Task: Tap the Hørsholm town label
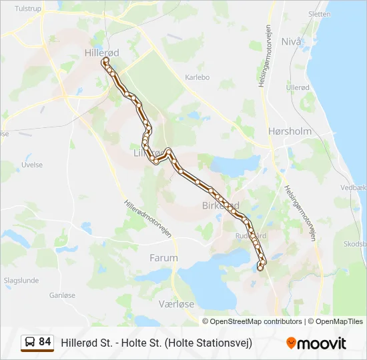point(289,131)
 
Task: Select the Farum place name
point(163,257)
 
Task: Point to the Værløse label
point(176,303)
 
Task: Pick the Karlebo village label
point(197,77)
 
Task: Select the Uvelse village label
point(32,165)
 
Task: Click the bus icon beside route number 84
point(30,343)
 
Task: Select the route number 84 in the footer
point(45,342)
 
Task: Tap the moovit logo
point(316,343)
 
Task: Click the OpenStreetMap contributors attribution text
point(252,321)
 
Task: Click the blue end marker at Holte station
point(259,268)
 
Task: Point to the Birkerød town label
point(220,205)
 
